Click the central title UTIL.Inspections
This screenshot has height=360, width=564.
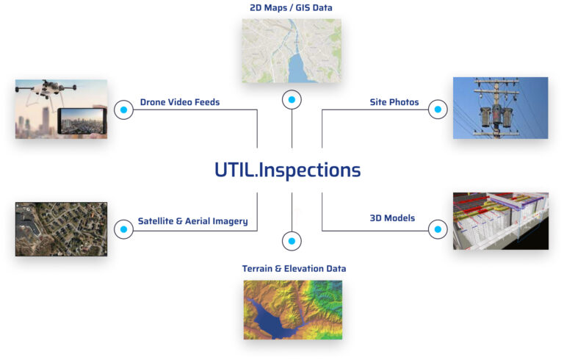(287, 170)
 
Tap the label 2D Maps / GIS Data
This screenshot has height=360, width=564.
(292, 8)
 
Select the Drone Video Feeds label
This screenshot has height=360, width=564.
(180, 102)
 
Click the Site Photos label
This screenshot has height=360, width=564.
(394, 102)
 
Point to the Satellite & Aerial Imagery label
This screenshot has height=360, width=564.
(192, 221)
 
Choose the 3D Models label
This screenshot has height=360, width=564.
(392, 218)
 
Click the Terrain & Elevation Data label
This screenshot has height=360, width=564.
(294, 269)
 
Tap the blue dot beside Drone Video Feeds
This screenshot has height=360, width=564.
(123, 110)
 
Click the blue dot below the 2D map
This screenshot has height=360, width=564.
(292, 99)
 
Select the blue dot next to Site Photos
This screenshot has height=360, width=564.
(438, 110)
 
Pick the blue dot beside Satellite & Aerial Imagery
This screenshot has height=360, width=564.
(123, 230)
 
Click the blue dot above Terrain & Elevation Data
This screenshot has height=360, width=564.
(292, 241)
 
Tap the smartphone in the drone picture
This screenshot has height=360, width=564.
(82, 121)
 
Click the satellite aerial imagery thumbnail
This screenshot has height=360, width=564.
(61, 229)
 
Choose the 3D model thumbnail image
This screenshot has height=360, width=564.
(500, 221)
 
